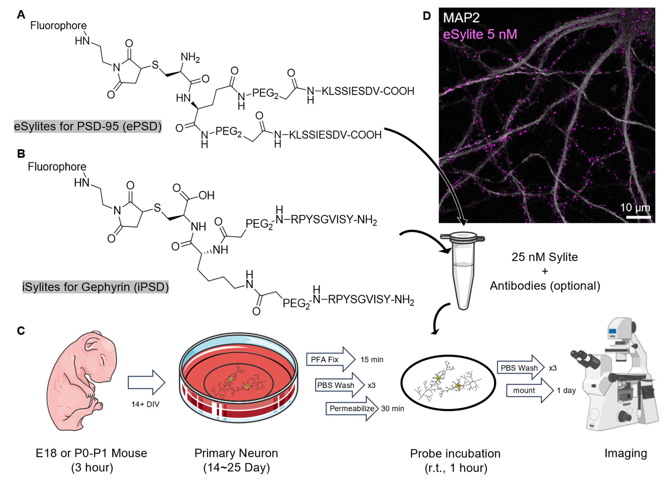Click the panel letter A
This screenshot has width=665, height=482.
point(21,14)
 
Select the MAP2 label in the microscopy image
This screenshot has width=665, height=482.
point(461,18)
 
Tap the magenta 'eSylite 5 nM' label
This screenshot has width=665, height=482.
point(480,34)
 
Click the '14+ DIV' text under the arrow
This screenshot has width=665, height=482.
point(145,404)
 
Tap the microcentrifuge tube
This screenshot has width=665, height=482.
point(462,270)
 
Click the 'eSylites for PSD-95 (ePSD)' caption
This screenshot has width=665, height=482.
point(88,126)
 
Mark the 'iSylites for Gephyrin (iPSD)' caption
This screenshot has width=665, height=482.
point(95,287)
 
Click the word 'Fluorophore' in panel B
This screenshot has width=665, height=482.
point(57,167)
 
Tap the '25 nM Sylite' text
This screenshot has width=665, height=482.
point(544,257)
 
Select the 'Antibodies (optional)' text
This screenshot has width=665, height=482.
point(545,286)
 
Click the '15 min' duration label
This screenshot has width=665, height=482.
point(372,360)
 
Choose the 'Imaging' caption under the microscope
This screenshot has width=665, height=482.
point(626,453)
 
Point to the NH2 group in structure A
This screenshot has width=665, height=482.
point(190,58)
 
